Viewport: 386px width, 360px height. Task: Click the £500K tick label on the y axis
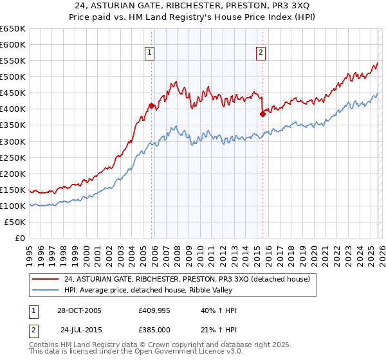pos(12,77)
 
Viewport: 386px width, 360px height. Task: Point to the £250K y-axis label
pos(12,157)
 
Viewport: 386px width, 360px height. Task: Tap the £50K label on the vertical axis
pos(15,222)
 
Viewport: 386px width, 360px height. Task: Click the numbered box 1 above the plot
pos(150,53)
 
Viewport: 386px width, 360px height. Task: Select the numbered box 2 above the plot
pos(261,53)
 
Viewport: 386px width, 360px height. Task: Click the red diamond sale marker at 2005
pos(151,106)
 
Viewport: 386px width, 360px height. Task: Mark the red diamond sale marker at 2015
pos(262,114)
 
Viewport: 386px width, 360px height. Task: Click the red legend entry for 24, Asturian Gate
pos(187,279)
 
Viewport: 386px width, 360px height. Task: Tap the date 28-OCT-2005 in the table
pos(79,310)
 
